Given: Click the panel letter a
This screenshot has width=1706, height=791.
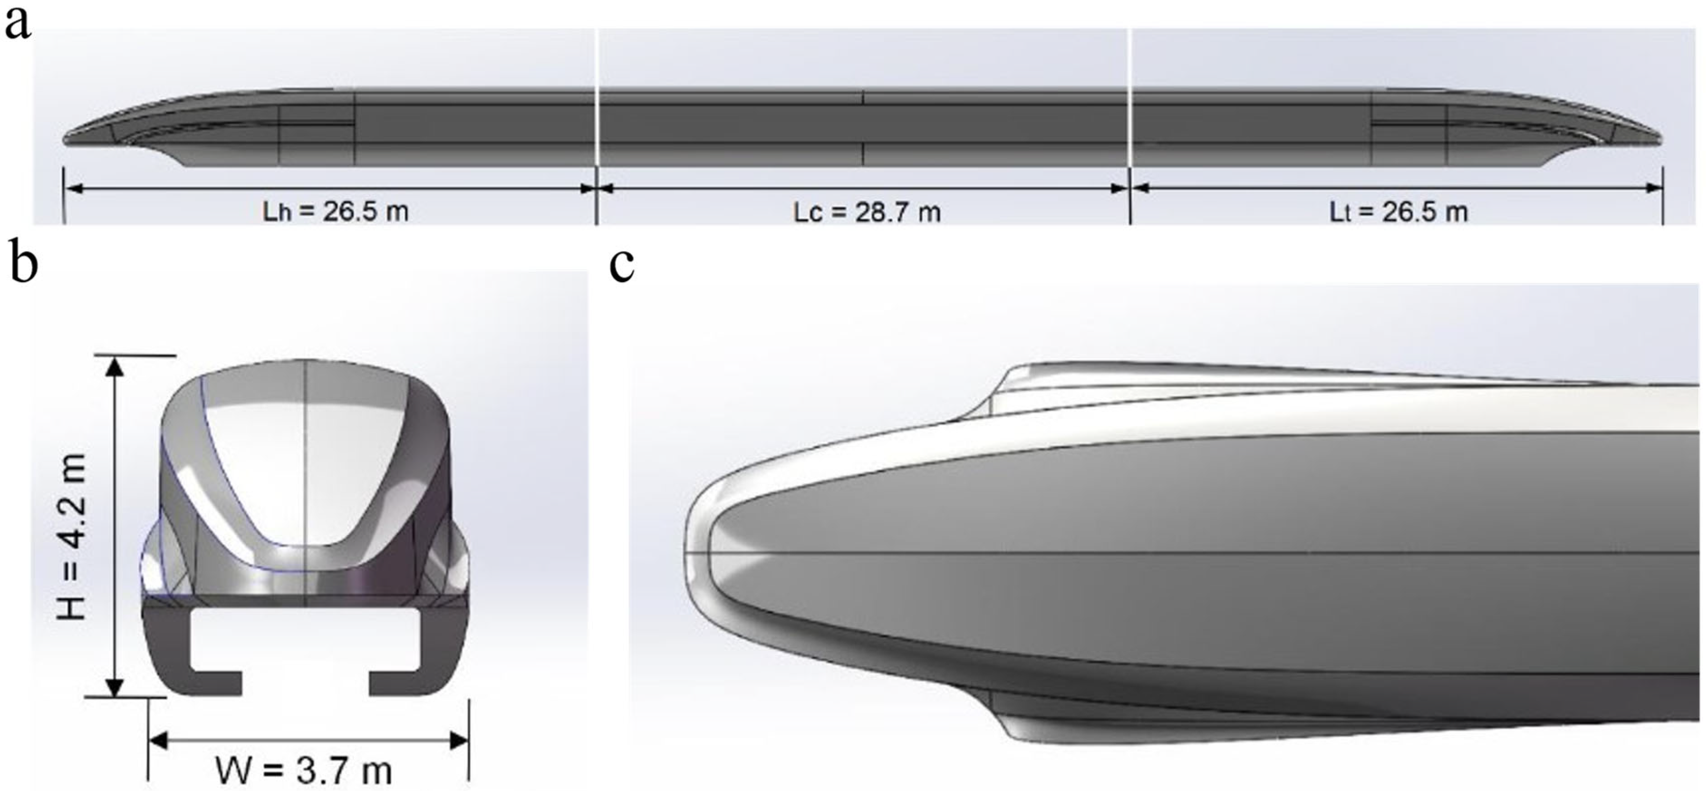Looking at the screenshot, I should coord(18,25).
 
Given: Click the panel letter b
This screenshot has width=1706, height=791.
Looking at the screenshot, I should coord(23,264).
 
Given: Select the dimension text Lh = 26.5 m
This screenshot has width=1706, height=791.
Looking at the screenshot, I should coord(335,212).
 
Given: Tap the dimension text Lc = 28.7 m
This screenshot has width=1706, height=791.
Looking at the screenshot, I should coord(866,212).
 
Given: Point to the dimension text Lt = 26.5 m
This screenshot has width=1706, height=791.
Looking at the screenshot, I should coord(1399,212).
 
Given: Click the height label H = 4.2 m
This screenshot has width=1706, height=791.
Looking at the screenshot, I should coord(72,537).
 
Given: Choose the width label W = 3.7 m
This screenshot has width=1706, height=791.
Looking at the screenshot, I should coord(303,770).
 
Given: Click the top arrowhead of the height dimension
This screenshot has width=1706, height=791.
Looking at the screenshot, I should coord(116,366).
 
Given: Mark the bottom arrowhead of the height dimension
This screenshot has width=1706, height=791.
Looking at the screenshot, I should coord(116,687).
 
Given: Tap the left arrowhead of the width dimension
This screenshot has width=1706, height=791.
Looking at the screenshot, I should coord(157,740).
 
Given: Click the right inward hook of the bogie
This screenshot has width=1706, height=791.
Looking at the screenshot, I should coord(391,682).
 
